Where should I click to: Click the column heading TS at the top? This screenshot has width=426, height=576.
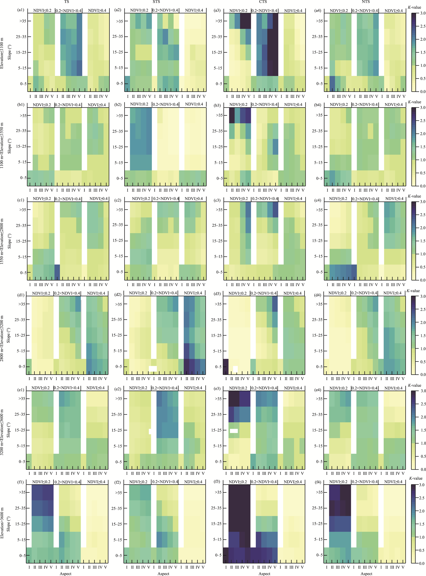point(67,2)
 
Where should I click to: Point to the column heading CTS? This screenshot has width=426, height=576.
point(263,2)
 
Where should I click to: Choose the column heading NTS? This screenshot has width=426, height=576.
point(366,2)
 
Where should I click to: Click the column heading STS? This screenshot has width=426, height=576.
point(156,2)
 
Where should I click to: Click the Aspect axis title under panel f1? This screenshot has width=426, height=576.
point(65,573)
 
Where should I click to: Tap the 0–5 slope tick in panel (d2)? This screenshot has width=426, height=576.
point(119,367)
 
